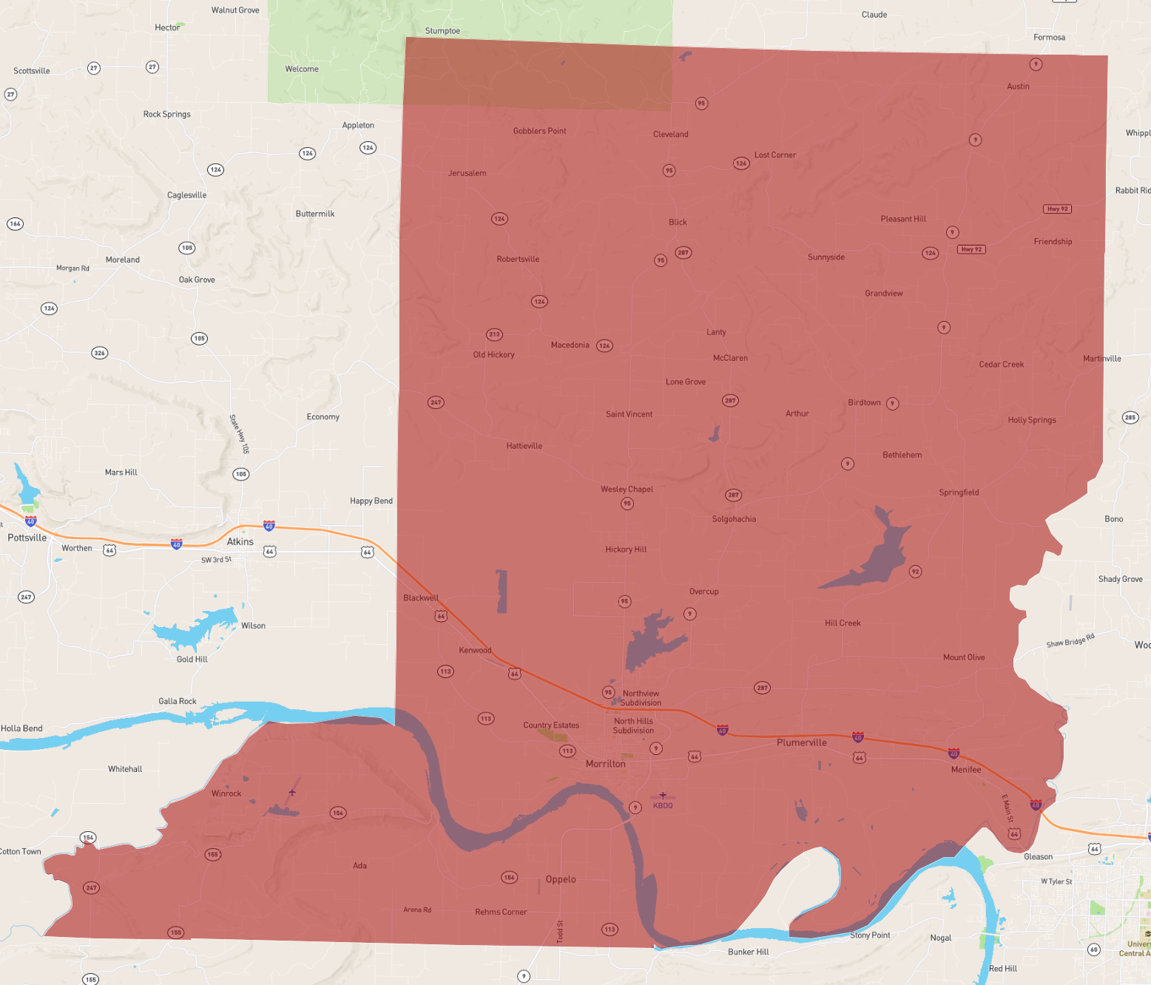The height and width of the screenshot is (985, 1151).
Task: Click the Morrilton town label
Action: [x=605, y=764]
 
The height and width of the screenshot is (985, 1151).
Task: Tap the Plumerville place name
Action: [x=801, y=742]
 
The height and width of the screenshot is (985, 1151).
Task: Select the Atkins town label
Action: [x=240, y=541]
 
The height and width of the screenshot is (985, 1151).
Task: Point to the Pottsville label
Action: [x=27, y=538]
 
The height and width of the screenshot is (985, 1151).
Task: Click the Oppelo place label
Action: [x=560, y=879]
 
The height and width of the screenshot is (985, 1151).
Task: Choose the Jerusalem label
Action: [x=467, y=173]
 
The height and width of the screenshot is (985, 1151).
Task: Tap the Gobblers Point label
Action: [x=539, y=131]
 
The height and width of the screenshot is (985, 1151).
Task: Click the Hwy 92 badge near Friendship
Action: [x=1057, y=209]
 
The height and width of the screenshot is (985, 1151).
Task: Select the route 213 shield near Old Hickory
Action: [x=494, y=334]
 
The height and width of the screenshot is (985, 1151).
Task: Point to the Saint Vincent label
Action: [x=629, y=414]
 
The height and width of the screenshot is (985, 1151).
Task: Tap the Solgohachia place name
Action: [x=734, y=519]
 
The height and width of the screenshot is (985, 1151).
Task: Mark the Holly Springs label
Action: [x=1031, y=420]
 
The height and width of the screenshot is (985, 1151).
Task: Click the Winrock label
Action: [x=226, y=793]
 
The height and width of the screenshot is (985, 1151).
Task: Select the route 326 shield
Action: [x=99, y=353]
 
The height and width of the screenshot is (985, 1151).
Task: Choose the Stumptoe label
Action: [x=442, y=31]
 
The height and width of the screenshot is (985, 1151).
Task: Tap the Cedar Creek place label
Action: [x=1001, y=365]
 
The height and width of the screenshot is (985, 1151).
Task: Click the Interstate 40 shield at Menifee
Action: [x=953, y=754]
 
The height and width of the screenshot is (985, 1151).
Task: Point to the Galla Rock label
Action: [x=178, y=701]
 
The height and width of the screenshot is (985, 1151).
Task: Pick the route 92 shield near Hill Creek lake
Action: [x=915, y=572]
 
